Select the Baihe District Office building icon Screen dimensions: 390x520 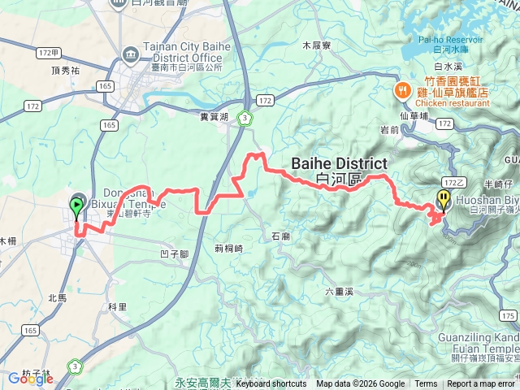point(130,53)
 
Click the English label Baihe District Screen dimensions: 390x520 point(339,165)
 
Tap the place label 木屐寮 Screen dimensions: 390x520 point(316,45)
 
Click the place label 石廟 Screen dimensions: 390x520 point(280,236)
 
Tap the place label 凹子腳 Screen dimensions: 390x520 point(175,253)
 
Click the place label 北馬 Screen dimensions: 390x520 point(57,298)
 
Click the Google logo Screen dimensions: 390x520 point(30,378)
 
